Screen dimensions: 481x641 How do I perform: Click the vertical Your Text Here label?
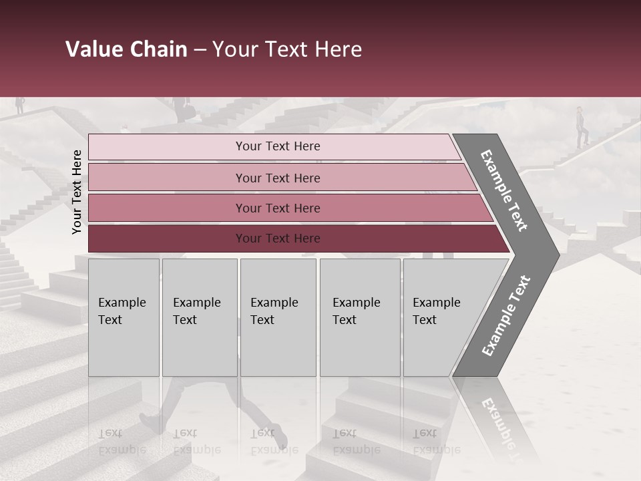(77, 192)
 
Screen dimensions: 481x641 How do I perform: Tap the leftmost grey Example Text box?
(124, 317)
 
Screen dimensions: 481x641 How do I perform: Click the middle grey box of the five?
(278, 317)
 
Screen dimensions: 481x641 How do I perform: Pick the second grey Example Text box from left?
(199, 317)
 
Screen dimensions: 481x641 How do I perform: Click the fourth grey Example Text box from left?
(359, 317)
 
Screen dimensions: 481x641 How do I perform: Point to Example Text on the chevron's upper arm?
(504, 190)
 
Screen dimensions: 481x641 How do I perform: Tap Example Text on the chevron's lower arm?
(505, 316)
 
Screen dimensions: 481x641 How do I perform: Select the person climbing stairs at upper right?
(582, 126)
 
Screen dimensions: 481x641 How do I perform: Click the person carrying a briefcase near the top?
(181, 110)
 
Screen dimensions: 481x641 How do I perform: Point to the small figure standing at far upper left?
(20, 105)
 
